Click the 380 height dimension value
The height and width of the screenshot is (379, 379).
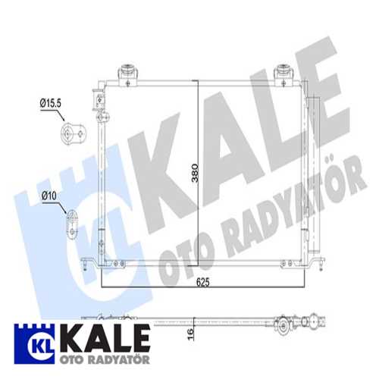195,173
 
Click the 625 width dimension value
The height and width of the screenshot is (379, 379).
203,282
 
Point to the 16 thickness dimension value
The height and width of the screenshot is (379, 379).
190,334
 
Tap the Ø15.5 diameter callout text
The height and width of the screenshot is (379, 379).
51,103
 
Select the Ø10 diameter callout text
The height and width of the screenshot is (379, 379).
49,196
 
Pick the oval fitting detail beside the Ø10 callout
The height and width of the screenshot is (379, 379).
72,224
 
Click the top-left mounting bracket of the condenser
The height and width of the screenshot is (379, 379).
128,74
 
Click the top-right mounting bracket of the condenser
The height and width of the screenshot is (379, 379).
284,74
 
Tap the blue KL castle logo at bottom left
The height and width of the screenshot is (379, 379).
34,344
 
